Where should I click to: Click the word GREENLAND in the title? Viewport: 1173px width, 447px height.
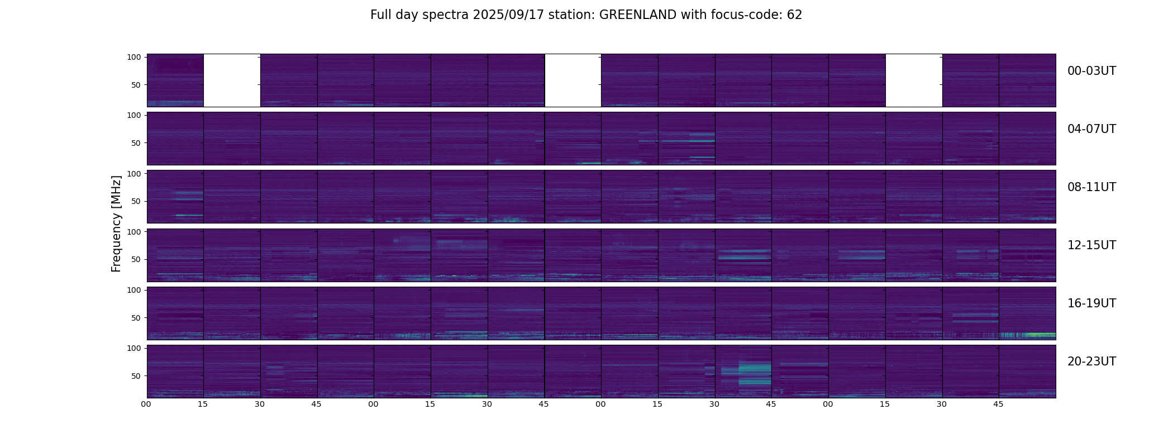[x=638, y=15]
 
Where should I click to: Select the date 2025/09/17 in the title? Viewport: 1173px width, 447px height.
[x=506, y=15]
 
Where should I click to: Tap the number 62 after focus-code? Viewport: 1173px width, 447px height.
[x=794, y=15]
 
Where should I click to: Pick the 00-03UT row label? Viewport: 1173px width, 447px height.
[x=1091, y=71]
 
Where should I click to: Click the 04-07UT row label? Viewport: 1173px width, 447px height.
[x=1091, y=129]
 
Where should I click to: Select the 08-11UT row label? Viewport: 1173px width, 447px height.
[x=1091, y=187]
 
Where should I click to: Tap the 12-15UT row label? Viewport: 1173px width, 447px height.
[x=1091, y=245]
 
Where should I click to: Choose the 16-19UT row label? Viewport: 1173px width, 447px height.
[x=1091, y=303]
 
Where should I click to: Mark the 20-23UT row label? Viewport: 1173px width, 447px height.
[x=1091, y=362]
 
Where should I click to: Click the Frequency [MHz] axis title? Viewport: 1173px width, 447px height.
[x=116, y=223]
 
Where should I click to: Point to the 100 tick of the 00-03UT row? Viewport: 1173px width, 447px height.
[x=134, y=57]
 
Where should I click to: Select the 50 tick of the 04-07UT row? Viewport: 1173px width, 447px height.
[x=136, y=143]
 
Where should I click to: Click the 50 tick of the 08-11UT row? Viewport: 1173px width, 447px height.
[x=136, y=201]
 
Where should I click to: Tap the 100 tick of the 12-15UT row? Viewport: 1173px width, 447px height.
[x=134, y=231]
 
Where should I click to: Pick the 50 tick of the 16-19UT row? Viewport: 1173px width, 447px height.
[x=136, y=318]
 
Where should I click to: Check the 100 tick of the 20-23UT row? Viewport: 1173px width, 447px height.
[x=134, y=348]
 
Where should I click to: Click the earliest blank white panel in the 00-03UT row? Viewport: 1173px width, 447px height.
[x=232, y=80]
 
